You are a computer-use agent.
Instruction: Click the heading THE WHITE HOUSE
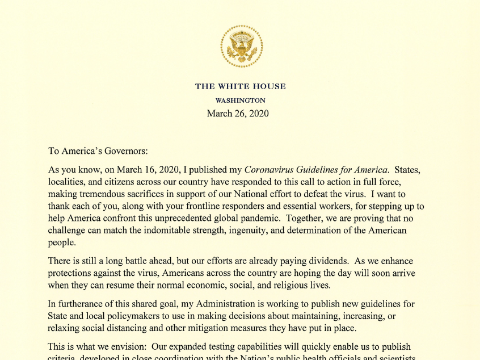241,86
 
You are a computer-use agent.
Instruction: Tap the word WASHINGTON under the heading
241,101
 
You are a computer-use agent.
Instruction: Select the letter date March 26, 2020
238,113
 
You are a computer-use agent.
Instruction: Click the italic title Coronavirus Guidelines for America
317,169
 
